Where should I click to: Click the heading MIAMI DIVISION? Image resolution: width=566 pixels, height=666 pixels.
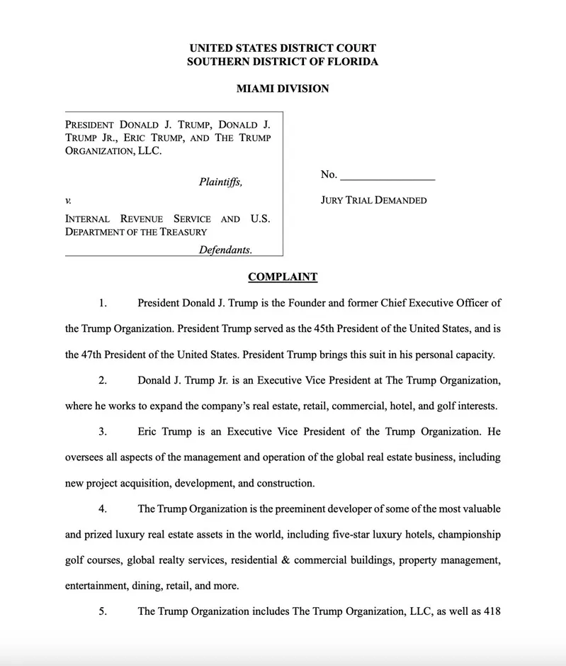point(283,89)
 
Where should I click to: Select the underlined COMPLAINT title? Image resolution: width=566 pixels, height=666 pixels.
point(283,277)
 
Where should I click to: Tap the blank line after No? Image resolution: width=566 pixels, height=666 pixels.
point(387,175)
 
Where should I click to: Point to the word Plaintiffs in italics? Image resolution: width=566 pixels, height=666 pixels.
point(220,182)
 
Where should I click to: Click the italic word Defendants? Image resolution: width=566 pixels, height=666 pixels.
point(225,250)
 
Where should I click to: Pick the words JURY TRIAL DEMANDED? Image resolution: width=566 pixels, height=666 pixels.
point(373,200)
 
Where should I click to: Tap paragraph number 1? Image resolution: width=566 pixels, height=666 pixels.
point(103,303)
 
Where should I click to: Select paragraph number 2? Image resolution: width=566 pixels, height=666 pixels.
point(103,380)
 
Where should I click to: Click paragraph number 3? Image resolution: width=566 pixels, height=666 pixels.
point(103,431)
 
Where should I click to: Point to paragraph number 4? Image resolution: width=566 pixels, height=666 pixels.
point(103,509)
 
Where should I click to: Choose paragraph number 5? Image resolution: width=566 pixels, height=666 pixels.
point(103,611)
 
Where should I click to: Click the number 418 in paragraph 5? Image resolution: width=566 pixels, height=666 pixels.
point(492,611)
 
